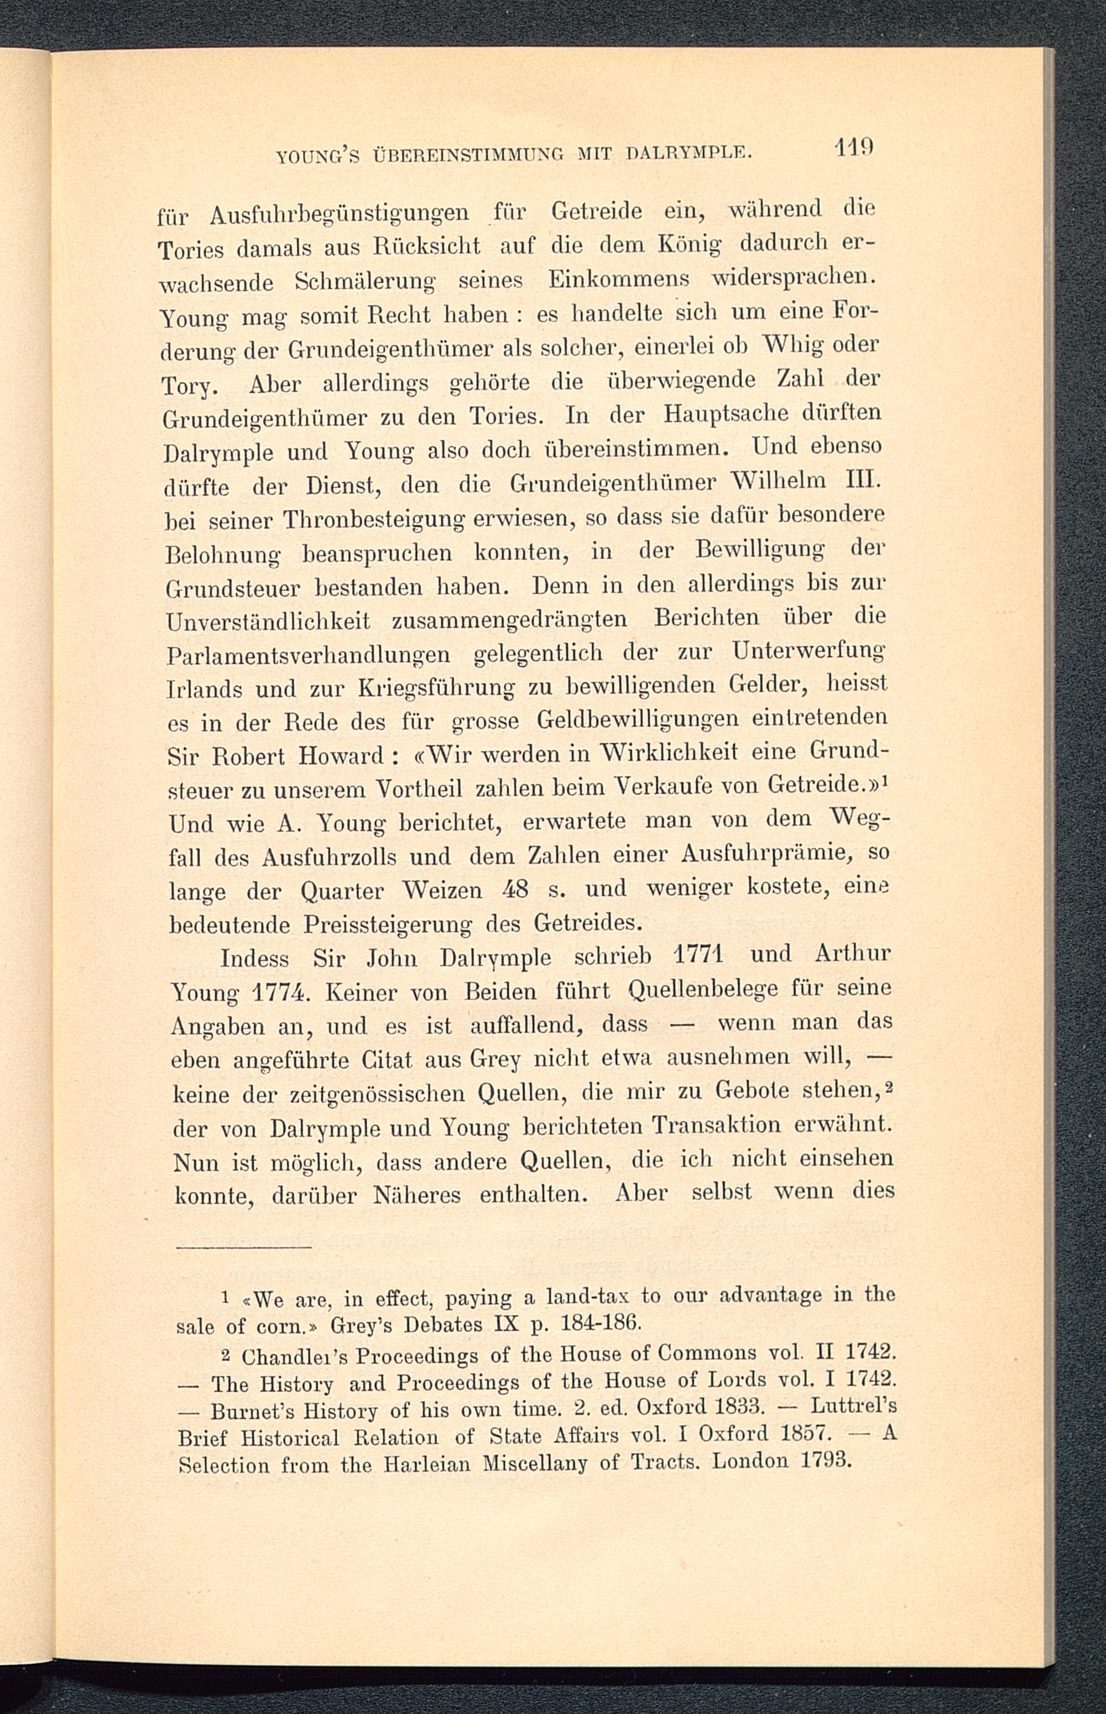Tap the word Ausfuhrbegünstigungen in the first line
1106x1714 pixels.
click(x=340, y=214)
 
